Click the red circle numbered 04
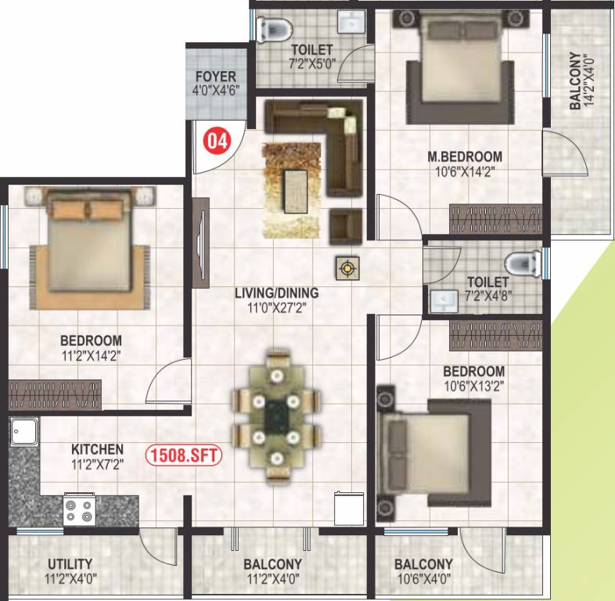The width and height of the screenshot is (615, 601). tap(218, 142)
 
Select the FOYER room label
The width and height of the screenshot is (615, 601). tap(216, 77)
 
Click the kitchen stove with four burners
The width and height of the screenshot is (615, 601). tap(80, 510)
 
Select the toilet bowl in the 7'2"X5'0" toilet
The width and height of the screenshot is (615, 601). tap(273, 29)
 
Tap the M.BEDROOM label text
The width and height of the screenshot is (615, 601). tap(465, 156)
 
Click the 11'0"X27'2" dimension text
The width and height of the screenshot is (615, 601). tap(277, 308)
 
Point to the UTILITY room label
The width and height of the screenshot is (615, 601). tap(70, 563)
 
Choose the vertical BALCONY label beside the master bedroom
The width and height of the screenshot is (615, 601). tap(575, 81)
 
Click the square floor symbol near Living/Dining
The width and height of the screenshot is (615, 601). tap(346, 269)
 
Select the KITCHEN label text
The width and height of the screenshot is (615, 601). tap(97, 449)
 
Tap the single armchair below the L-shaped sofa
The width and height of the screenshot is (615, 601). tap(344, 224)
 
